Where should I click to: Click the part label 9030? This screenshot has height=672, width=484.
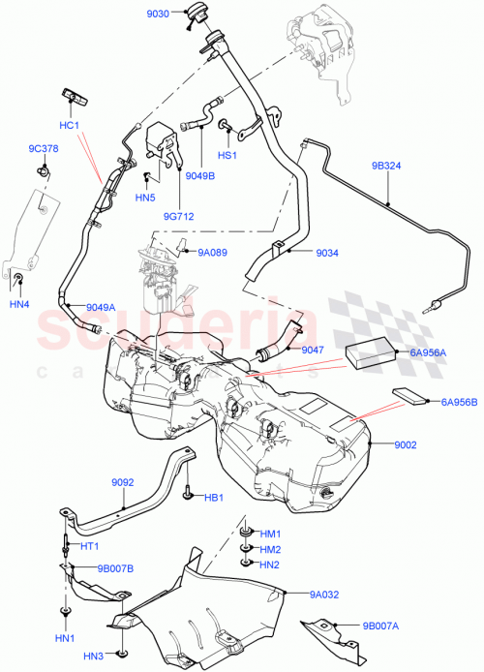tap(157, 14)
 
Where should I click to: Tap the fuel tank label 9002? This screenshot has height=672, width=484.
tap(405, 444)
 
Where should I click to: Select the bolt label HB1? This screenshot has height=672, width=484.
tap(213, 499)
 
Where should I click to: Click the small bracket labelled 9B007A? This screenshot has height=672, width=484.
tap(329, 630)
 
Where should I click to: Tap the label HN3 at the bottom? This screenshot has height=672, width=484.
tap(93, 657)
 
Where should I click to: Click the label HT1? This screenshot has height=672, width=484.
tap(90, 547)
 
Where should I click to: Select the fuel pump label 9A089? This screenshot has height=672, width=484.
tap(212, 252)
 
